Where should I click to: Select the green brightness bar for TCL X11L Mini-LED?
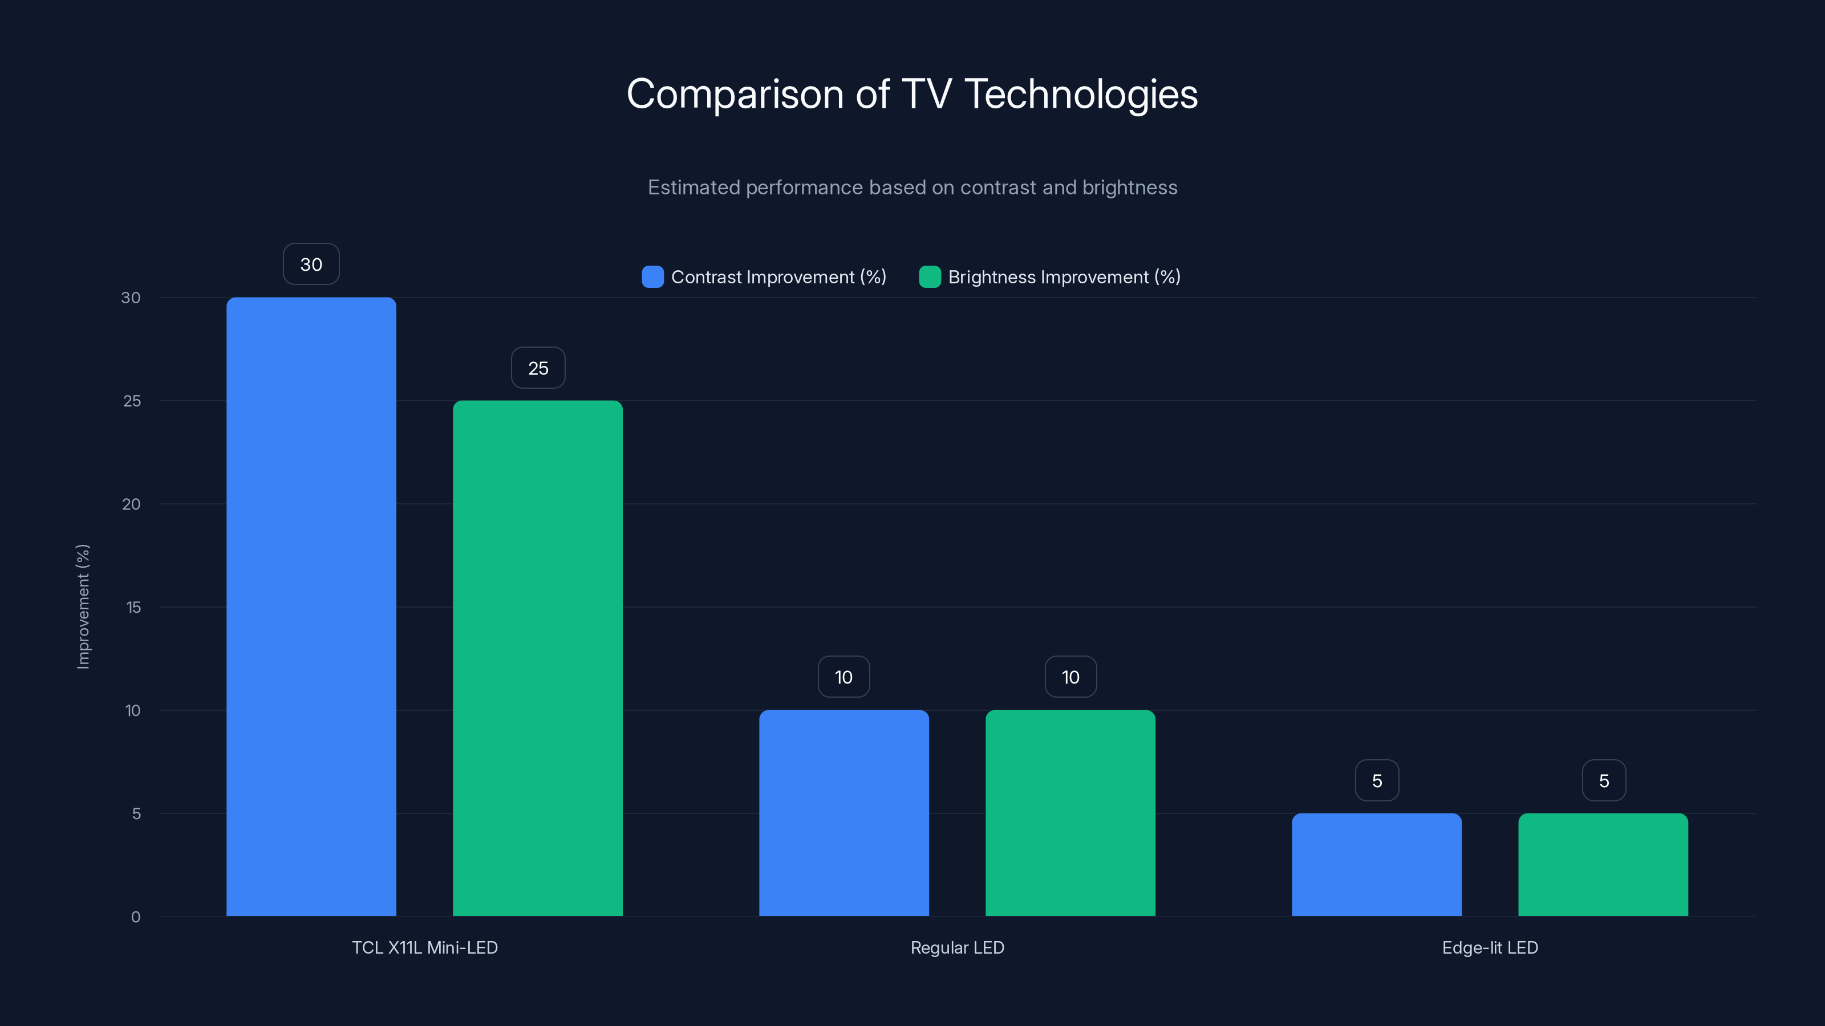[538, 658]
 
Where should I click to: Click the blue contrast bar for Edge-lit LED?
[1377, 865]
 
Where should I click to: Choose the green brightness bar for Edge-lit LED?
[1603, 865]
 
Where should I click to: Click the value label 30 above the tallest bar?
[311, 264]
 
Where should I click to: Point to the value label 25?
[538, 368]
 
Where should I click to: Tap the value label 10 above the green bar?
[1070, 677]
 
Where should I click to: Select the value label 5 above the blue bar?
[1377, 780]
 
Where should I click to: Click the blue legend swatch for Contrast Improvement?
[652, 277]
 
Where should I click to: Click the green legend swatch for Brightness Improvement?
[930, 277]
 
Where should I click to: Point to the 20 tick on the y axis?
[131, 504]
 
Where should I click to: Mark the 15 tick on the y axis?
[133, 607]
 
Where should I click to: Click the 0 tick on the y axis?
[135, 917]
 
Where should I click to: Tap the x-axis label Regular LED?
[957, 947]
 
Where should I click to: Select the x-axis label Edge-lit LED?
[1490, 947]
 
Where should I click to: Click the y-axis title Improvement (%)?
[83, 606]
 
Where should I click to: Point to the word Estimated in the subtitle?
[693, 188]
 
